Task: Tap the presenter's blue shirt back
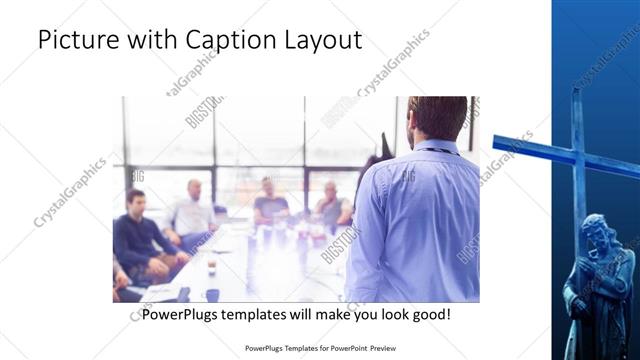410,220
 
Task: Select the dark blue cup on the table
212,294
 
